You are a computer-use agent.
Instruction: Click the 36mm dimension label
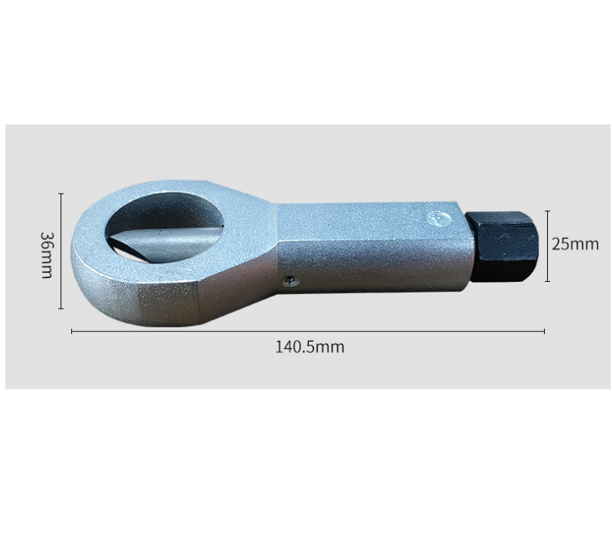(47, 255)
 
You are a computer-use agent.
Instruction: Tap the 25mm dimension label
(575, 244)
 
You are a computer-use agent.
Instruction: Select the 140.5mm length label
(310, 347)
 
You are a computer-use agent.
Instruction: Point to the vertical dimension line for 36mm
(61, 250)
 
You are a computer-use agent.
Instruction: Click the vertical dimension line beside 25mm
(547, 246)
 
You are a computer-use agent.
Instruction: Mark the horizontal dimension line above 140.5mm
(308, 332)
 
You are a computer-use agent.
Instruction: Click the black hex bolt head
(502, 246)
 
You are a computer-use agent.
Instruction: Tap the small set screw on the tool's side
(290, 280)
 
